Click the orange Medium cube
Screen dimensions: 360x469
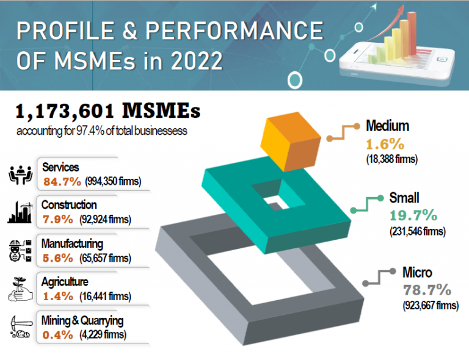293,143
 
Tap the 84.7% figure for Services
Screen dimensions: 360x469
59,181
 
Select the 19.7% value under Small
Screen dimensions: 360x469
413,215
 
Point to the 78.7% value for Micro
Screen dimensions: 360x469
426,289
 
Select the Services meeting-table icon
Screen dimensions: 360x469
23,174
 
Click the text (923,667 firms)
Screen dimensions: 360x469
431,306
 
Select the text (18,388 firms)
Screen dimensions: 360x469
391,160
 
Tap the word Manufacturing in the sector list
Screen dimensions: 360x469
73,243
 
